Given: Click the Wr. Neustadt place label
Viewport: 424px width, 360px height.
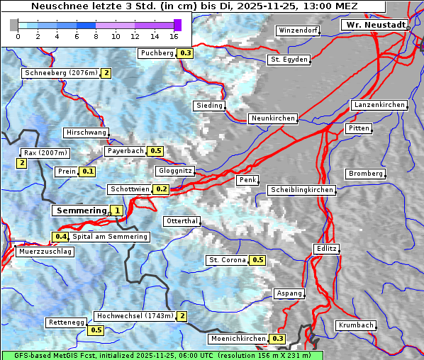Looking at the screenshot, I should [375, 25].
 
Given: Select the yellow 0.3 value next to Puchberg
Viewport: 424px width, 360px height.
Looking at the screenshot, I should [186, 53].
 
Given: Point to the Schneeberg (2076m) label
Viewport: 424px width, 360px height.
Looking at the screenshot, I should [60, 72].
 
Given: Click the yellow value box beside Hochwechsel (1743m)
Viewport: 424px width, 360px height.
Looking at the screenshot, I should [182, 316].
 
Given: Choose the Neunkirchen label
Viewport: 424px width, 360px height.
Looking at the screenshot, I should [272, 118].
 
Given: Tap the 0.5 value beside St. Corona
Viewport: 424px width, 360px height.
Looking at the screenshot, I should [258, 260].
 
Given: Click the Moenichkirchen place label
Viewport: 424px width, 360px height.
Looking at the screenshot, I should [239, 339].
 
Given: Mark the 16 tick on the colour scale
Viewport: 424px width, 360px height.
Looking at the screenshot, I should [174, 36].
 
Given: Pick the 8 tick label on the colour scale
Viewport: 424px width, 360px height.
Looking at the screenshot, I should [96, 36].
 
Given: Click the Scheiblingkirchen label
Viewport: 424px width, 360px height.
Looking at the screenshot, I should [301, 190].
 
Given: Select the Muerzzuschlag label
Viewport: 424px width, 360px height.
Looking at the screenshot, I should [44, 252].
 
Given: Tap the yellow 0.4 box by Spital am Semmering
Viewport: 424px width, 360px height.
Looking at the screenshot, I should [61, 237].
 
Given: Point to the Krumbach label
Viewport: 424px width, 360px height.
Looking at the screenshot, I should [355, 325].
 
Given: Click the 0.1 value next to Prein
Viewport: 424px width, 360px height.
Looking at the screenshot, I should [87, 171].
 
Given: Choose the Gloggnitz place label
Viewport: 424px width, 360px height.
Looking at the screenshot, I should [174, 171].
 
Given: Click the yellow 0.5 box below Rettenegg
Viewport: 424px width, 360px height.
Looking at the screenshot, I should [96, 330].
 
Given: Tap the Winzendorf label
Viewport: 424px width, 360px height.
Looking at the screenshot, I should [298, 31].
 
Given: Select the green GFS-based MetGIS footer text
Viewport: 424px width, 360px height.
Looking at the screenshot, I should [162, 355].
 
